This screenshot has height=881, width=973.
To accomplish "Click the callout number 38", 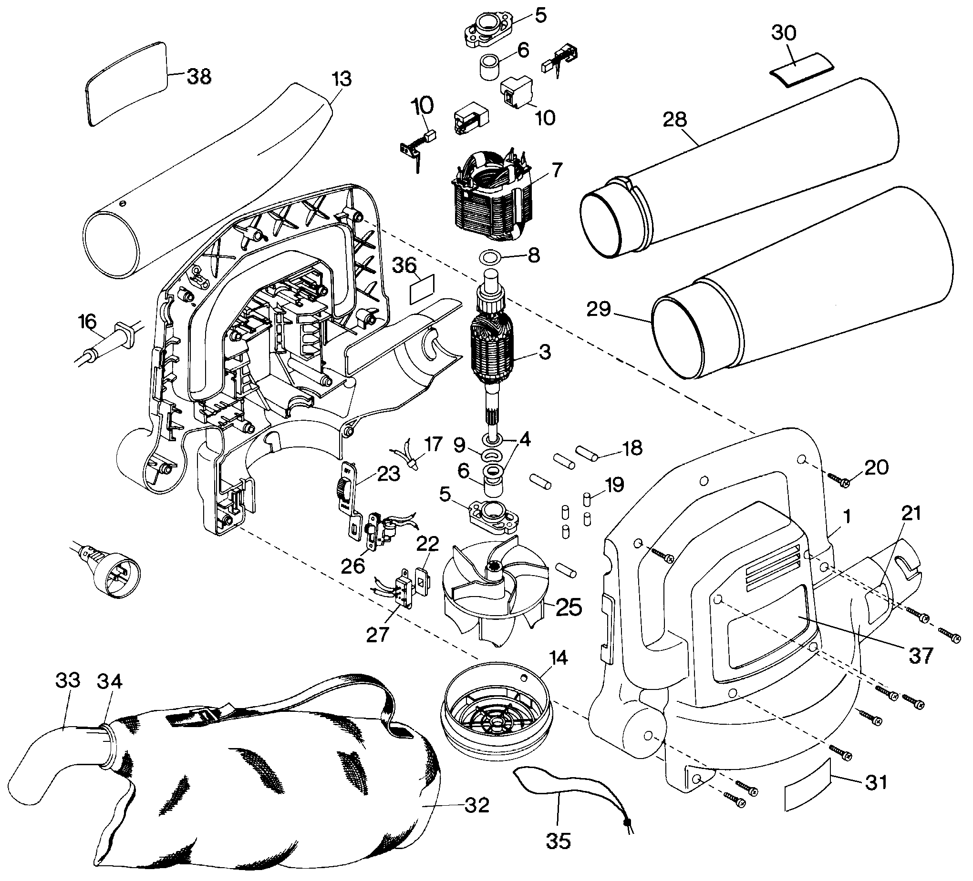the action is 199,77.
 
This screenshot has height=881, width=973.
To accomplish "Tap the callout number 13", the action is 342,80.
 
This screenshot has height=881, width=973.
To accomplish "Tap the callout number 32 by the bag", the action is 477,804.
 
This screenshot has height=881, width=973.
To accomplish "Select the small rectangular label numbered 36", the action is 422,289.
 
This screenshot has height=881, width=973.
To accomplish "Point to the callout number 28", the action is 675,119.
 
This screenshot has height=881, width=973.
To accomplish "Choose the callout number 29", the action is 599,309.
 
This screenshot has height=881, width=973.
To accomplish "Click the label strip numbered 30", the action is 801,71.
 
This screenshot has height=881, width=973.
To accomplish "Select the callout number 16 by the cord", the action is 87,322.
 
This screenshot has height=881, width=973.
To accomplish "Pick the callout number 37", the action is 921,655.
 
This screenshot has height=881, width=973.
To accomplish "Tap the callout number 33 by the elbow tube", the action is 68,680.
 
